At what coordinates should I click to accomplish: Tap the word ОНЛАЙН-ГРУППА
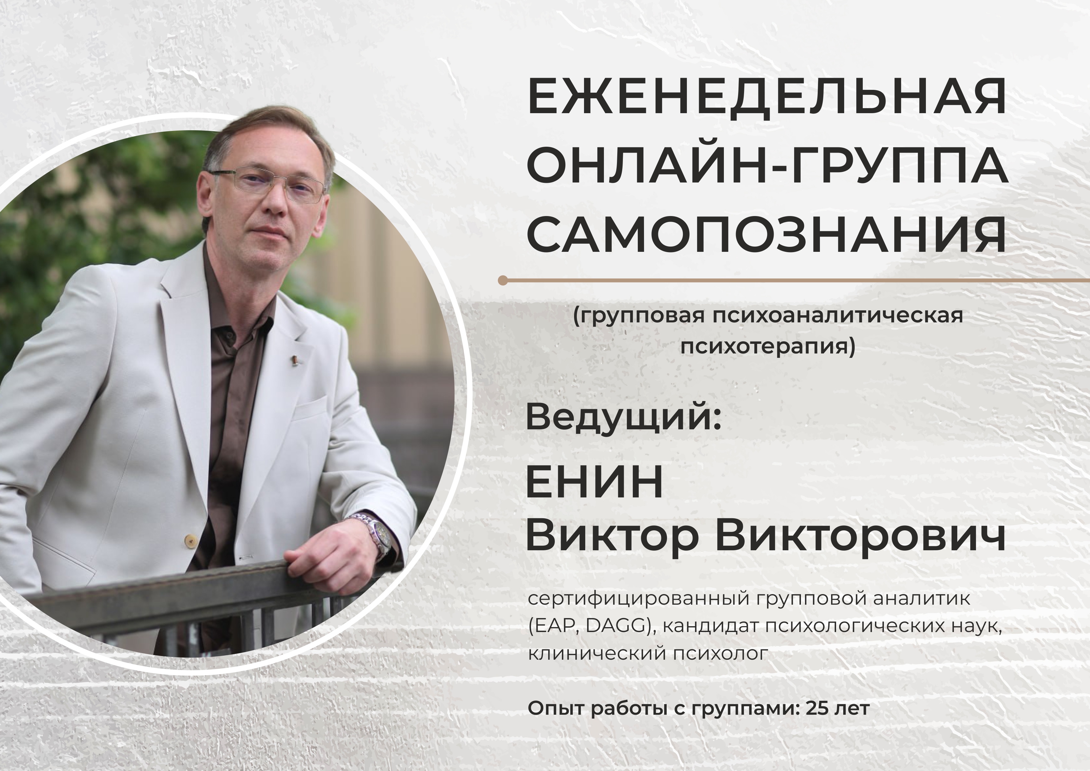tap(768, 168)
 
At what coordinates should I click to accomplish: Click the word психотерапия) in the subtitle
tap(768, 347)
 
